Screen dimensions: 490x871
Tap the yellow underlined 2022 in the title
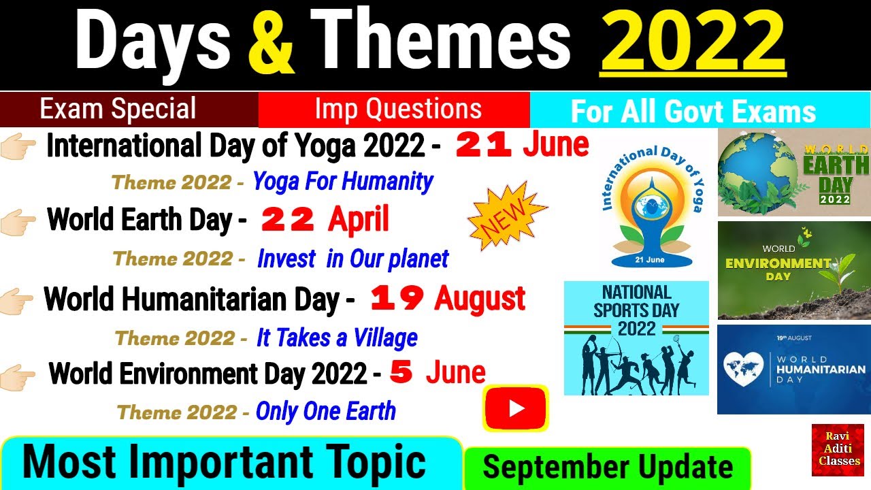(x=693, y=42)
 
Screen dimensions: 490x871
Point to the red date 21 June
(x=521, y=145)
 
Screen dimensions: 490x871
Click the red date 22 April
(x=325, y=219)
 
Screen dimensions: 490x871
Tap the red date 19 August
(x=447, y=298)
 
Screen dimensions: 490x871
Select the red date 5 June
(x=438, y=372)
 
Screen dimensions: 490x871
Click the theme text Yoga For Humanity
(x=342, y=182)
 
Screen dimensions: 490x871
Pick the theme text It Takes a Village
(x=337, y=338)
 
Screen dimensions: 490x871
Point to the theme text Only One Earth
(x=325, y=411)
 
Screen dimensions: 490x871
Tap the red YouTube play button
(x=516, y=408)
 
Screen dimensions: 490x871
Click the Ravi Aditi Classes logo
(x=837, y=450)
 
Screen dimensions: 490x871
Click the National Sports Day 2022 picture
(x=636, y=338)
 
